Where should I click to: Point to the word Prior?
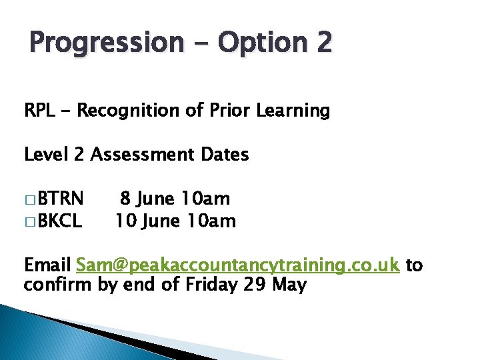[x=223, y=111]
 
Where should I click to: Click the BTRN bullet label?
[x=61, y=199]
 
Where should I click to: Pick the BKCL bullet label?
[x=60, y=221]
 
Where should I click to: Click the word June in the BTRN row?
[x=157, y=199]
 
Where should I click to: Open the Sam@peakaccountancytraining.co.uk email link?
[x=238, y=265]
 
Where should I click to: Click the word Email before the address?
[x=47, y=265]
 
